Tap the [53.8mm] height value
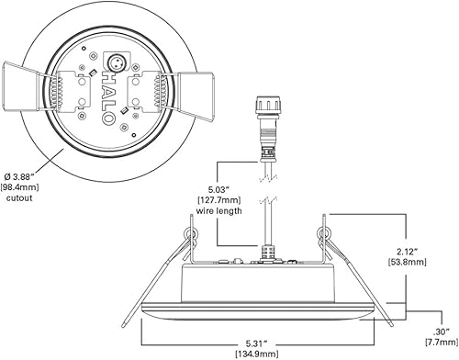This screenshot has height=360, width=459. (405, 262)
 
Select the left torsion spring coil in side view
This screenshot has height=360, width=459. (190, 233)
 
